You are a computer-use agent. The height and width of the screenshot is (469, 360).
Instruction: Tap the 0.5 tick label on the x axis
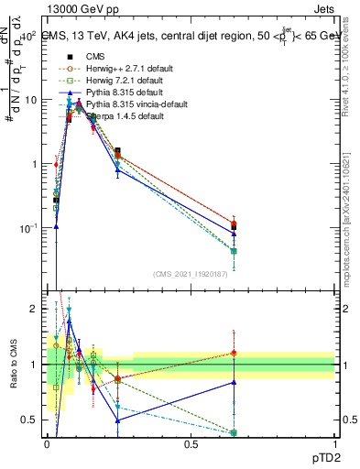191,445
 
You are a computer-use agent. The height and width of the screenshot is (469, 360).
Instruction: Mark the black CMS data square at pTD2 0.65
234,227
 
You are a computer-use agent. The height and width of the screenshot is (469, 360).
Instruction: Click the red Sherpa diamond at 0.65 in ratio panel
234,353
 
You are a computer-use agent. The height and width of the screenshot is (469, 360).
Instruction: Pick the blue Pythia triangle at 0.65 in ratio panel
234,382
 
